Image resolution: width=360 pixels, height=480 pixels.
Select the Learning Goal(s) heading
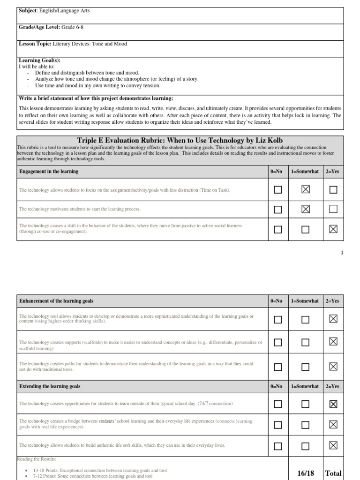40,60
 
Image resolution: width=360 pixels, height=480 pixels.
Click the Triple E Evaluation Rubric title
180,141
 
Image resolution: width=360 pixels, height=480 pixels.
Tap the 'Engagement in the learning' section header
49,172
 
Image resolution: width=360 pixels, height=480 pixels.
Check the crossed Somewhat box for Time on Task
306,190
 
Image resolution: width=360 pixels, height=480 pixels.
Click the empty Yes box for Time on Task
333,190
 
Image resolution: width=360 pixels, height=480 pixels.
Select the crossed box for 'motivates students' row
306,209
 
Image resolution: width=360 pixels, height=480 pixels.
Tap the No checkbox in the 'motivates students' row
278,209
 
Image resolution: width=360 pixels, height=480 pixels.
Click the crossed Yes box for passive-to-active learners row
333,229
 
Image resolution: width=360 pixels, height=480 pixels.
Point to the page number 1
342,253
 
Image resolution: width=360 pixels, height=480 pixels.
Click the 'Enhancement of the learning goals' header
59,300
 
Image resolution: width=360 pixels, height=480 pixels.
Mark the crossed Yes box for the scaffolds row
333,342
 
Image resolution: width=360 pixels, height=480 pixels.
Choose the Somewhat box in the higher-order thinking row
306,319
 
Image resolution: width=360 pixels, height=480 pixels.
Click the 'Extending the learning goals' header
50,386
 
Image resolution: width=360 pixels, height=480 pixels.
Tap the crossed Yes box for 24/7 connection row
333,404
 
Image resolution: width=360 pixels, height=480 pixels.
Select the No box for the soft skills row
278,446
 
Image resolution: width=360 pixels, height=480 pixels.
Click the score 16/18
305,473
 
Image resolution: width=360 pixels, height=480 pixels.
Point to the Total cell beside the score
333,473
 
